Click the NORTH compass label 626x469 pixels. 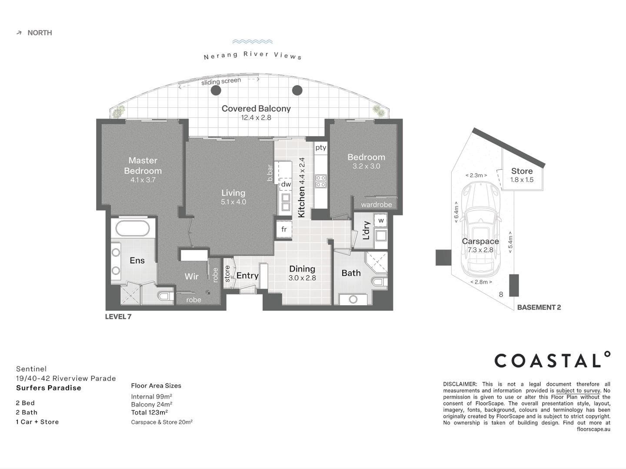click(x=39, y=33)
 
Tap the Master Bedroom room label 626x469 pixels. click(x=143, y=165)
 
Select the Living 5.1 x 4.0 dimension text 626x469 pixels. click(x=233, y=202)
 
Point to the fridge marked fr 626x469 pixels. click(x=284, y=229)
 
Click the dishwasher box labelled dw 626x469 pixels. click(x=286, y=184)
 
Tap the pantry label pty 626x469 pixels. click(x=321, y=148)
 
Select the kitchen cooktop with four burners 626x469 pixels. click(x=321, y=181)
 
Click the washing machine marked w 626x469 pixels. click(x=381, y=221)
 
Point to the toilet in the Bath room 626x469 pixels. click(x=379, y=282)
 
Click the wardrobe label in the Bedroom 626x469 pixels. click(x=376, y=205)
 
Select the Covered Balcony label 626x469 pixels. click(x=256, y=109)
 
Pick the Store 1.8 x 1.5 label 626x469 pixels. click(x=522, y=175)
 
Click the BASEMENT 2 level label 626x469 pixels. click(x=539, y=307)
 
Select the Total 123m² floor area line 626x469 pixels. click(x=149, y=413)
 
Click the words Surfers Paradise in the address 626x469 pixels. click(x=49, y=388)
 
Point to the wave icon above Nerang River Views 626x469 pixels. click(x=253, y=42)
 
